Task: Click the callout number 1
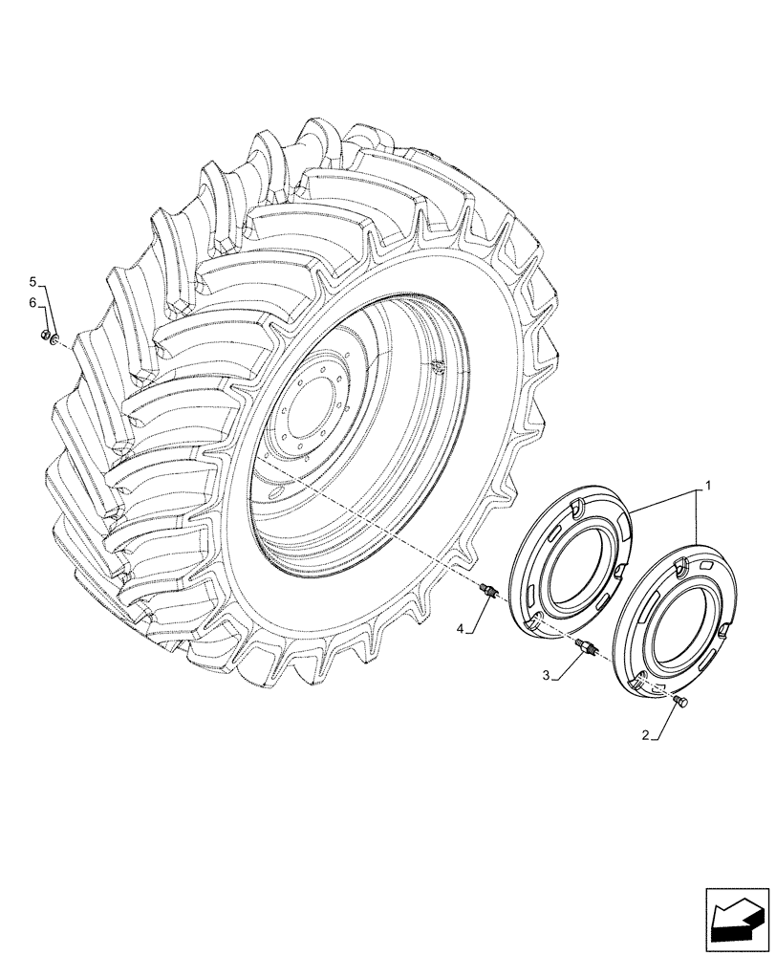707,488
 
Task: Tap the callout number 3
546,676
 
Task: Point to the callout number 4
461,628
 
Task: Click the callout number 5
32,282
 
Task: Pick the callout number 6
32,302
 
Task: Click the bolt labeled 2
680,703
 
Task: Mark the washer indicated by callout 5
55,338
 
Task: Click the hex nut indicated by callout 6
44,335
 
